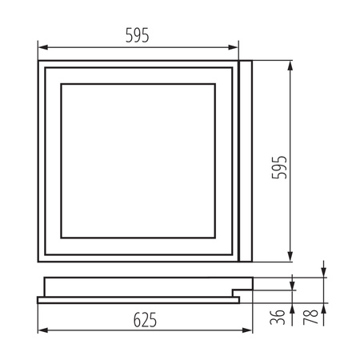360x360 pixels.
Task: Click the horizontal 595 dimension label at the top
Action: (138, 36)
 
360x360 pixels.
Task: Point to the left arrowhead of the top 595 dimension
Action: (42, 47)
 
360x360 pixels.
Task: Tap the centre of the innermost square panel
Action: (139, 161)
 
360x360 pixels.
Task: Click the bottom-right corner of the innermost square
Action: (217, 238)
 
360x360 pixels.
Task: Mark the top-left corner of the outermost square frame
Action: (39, 61)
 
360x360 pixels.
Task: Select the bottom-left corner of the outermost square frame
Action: (39, 261)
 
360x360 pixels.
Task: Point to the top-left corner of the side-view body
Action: (46, 277)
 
